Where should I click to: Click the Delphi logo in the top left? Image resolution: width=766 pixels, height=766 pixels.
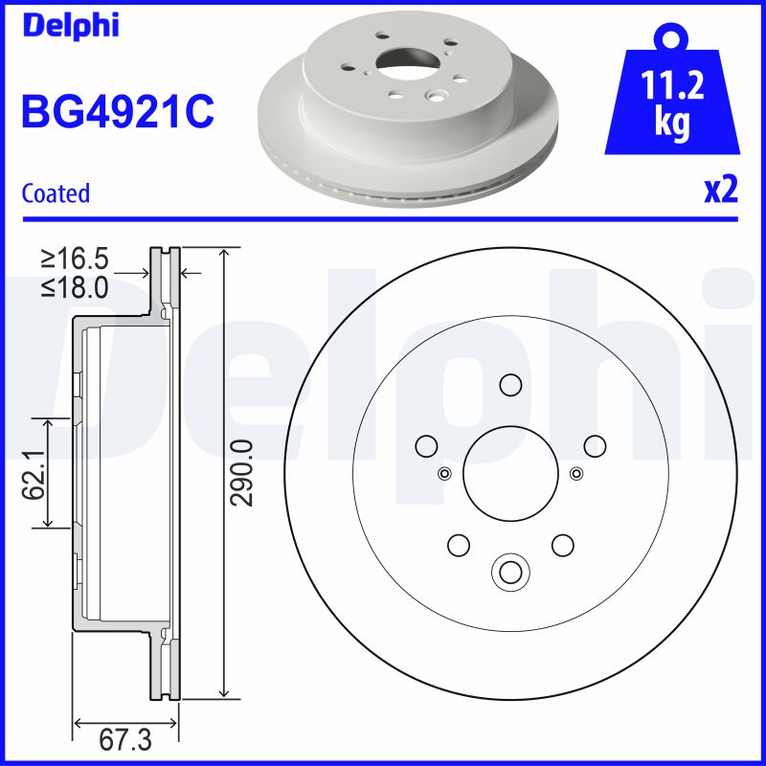pyautogui.click(x=70, y=26)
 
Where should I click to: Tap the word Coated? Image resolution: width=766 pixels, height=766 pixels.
pyautogui.click(x=56, y=193)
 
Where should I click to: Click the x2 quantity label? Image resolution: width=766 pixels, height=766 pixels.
pyautogui.click(x=720, y=191)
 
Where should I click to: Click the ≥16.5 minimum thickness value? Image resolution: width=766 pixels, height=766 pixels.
pyautogui.click(x=74, y=258)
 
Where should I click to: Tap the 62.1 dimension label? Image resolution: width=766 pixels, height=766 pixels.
pyautogui.click(x=35, y=472)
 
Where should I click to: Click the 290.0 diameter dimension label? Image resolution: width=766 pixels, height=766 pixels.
pyautogui.click(x=243, y=472)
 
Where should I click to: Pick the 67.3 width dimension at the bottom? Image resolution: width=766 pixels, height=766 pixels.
pyautogui.click(x=126, y=740)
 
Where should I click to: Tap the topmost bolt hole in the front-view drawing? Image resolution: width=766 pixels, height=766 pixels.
pyautogui.click(x=509, y=385)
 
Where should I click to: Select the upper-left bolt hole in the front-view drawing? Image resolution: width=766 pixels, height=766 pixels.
pyautogui.click(x=426, y=445)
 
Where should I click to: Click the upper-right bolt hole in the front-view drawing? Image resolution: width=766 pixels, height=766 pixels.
pyautogui.click(x=594, y=445)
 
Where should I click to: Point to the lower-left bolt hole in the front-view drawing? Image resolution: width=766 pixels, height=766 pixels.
pyautogui.click(x=459, y=544)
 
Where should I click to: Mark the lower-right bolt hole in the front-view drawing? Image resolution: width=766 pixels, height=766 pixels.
pyautogui.click(x=561, y=544)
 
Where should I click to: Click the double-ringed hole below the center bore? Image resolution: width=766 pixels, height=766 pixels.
pyautogui.click(x=509, y=572)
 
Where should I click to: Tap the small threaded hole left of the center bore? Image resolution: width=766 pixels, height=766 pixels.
pyautogui.click(x=443, y=473)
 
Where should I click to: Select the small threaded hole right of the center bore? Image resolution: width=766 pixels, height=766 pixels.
pyautogui.click(x=575, y=473)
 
